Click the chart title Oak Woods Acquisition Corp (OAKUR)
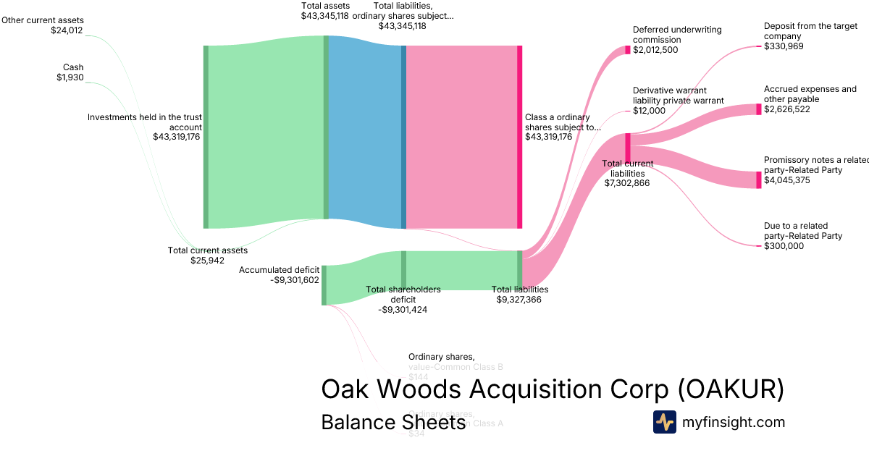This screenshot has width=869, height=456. [553, 389]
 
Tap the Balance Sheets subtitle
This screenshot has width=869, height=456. [393, 422]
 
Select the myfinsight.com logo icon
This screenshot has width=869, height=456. [664, 422]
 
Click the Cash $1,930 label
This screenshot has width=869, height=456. [70, 72]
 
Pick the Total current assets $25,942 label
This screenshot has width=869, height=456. [208, 256]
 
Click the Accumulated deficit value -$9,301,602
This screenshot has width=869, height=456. [290, 280]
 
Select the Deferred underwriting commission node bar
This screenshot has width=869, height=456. [628, 50]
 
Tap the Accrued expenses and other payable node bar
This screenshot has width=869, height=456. [759, 109]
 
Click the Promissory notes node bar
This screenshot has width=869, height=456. [759, 180]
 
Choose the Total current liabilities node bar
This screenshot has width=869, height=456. [628, 148]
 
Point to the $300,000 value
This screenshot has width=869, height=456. [784, 246]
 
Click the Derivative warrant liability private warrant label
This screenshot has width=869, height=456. [678, 101]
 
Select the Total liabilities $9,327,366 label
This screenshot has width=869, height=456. [519, 294]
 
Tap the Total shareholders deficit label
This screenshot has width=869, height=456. [403, 299]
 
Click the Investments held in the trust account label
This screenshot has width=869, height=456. [145, 126]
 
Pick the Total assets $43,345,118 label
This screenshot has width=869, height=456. [325, 10]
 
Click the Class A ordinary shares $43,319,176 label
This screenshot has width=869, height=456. [562, 127]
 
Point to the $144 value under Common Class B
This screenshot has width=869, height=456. [419, 377]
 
